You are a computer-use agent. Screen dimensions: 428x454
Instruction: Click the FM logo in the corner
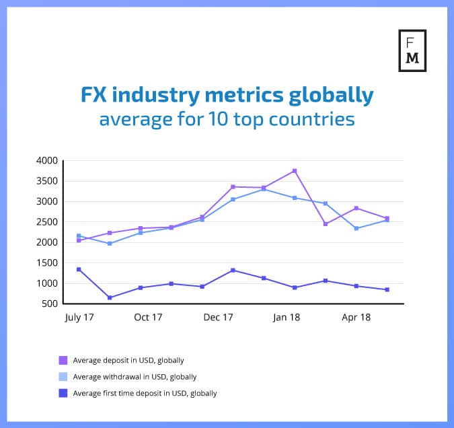[x=412, y=50]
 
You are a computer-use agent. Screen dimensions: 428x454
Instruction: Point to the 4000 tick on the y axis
[x=46, y=161]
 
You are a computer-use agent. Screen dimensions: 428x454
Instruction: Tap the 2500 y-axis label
[x=46, y=222]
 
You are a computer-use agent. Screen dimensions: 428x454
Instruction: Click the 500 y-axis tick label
[x=50, y=304]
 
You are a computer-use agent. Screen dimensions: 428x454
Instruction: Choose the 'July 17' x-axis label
[x=79, y=317]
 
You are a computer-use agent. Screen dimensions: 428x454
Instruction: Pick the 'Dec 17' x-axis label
[x=219, y=317]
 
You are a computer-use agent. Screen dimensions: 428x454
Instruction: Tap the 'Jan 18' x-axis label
[x=287, y=317]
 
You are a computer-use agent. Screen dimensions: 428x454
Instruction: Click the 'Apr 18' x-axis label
[x=356, y=317]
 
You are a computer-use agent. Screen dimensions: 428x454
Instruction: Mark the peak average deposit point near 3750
[x=295, y=171]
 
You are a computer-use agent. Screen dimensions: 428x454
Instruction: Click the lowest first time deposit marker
[x=110, y=297]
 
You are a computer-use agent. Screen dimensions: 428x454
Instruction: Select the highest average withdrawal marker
[x=264, y=189]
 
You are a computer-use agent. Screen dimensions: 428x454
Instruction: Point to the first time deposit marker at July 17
[x=79, y=269]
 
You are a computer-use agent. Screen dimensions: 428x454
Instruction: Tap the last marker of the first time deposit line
[x=387, y=289]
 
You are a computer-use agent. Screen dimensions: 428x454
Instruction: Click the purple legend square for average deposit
[x=64, y=360]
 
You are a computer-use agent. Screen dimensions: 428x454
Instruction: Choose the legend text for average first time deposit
[x=145, y=393]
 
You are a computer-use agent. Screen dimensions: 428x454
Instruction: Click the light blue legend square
[x=64, y=377]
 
